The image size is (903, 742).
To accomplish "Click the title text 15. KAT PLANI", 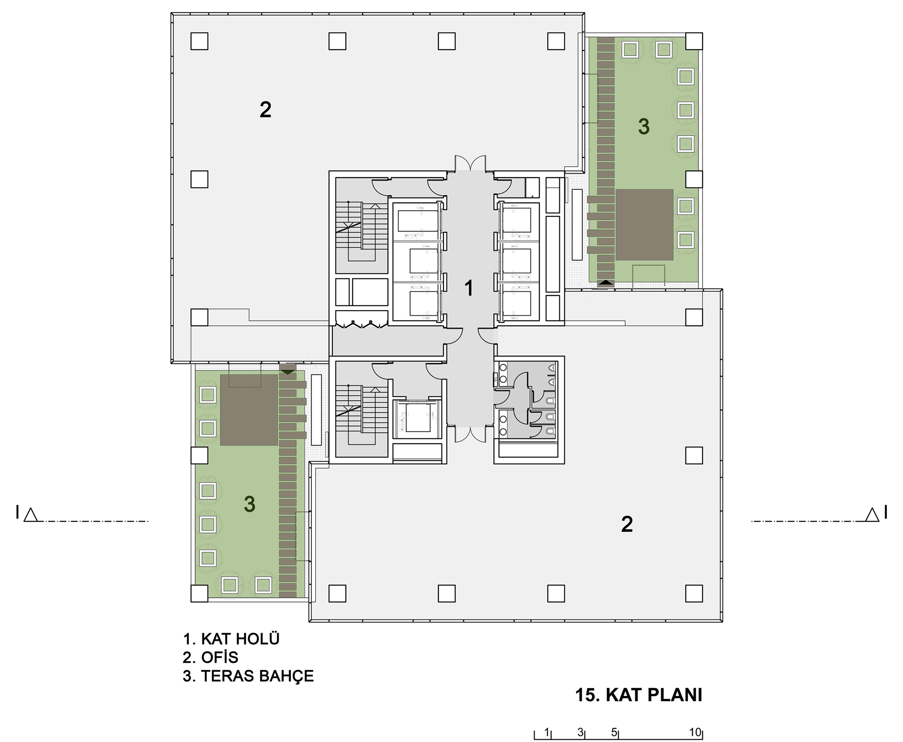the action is click(x=639, y=695).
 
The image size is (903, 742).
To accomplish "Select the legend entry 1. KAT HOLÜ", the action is click(x=231, y=639).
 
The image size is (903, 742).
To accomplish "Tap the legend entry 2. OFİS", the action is click(x=210, y=657).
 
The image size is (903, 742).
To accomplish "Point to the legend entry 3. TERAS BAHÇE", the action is click(x=248, y=676).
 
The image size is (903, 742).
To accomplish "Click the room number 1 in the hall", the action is click(x=469, y=288).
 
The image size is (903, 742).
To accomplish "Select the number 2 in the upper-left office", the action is click(x=265, y=109).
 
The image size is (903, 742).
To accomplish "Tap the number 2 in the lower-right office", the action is click(x=627, y=524).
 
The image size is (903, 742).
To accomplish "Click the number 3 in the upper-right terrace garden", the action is click(x=644, y=127).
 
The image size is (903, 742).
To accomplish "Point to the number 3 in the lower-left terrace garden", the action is click(x=250, y=504).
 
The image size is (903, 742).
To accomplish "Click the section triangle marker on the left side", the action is click(x=30, y=515).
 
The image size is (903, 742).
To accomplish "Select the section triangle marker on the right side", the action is click(x=872, y=515).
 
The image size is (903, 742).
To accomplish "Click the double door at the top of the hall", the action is click(x=470, y=164).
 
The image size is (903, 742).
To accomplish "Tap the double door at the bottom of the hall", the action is click(x=470, y=434).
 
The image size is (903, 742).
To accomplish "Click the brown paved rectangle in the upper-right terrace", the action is click(x=644, y=225).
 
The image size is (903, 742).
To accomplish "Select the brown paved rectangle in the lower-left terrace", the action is click(x=249, y=410).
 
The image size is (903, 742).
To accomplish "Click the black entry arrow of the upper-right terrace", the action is click(x=605, y=283).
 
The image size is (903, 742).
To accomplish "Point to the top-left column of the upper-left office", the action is click(x=199, y=41).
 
